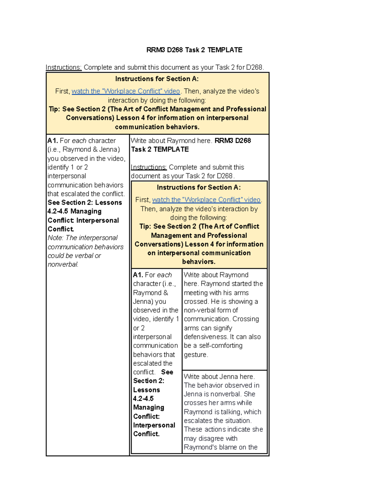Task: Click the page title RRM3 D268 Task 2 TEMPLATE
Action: click(x=194, y=50)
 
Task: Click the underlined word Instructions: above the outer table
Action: click(x=64, y=67)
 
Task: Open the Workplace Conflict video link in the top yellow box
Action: click(x=126, y=91)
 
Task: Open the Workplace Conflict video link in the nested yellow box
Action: click(x=206, y=200)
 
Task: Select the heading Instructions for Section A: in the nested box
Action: click(x=199, y=187)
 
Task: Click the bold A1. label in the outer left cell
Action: click(x=53, y=141)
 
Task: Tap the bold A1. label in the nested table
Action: click(x=138, y=275)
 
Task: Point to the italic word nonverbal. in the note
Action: click(x=63, y=264)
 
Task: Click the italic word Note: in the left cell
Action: click(x=55, y=238)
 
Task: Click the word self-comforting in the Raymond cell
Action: click(x=220, y=346)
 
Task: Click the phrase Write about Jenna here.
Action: click(x=219, y=376)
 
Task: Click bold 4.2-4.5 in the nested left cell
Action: click(x=143, y=399)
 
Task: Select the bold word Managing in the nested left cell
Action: click(x=148, y=407)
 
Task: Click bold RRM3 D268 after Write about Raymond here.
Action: click(x=233, y=141)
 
